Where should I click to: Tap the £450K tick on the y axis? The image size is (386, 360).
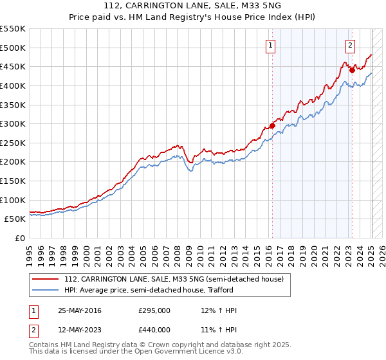tap(13, 67)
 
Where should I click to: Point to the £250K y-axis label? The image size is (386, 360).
tap(13, 143)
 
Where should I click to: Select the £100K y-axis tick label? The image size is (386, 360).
tap(13, 201)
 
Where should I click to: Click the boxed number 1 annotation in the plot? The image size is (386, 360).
tap(271, 46)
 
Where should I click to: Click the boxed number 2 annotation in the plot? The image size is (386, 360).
tap(350, 46)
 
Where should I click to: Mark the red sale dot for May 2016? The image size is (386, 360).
tap(272, 126)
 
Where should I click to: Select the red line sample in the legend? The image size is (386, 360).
tap(47, 279)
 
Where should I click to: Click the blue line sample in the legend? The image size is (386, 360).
tap(47, 291)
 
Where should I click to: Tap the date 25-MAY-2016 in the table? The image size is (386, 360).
tap(80, 311)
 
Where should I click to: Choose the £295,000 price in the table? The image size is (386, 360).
tap(154, 311)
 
